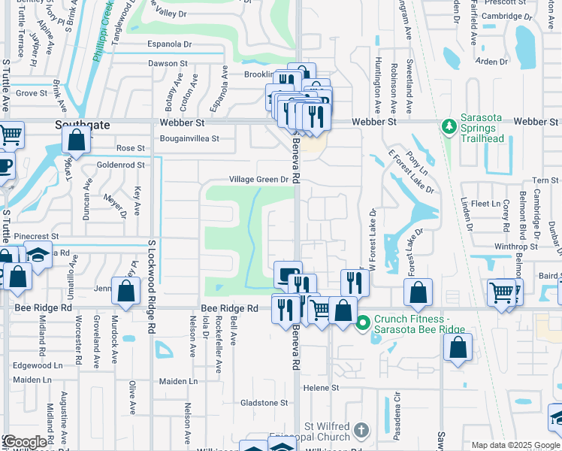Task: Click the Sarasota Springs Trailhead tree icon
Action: pyautogui.click(x=449, y=126)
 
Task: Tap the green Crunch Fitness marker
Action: pyautogui.click(x=364, y=322)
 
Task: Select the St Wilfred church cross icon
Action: pyautogui.click(x=361, y=430)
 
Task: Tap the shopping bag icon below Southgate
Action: pyautogui.click(x=77, y=140)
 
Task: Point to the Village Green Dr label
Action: pyautogui.click(x=259, y=180)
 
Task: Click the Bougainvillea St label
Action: pyautogui.click(x=189, y=138)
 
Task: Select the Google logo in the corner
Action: pyautogui.click(x=26, y=442)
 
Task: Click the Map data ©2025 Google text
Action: pyautogui.click(x=516, y=445)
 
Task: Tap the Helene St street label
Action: pyautogui.click(x=322, y=388)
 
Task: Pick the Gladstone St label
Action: pyautogui.click(x=264, y=403)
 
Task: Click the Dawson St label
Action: pyautogui.click(x=167, y=65)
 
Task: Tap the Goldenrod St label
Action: pyautogui.click(x=120, y=165)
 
